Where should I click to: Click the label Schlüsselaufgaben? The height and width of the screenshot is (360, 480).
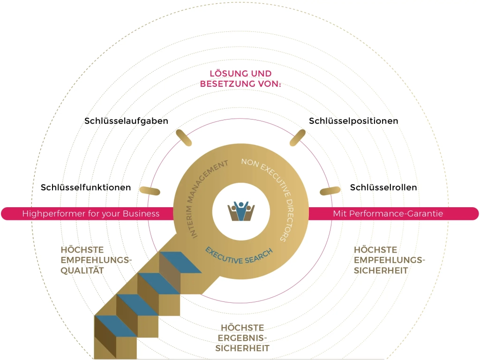tap(126, 121)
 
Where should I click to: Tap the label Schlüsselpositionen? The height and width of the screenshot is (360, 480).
tap(353, 121)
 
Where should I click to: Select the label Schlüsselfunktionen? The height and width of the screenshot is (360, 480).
tap(86, 187)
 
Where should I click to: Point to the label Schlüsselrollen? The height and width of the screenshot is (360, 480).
tap(383, 187)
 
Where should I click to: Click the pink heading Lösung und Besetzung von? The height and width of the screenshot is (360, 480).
tap(240, 79)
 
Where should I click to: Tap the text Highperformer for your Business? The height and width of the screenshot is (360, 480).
tap(91, 214)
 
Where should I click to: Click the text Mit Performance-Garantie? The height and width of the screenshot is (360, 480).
tap(388, 214)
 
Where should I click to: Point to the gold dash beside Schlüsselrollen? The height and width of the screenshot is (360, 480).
tap(330, 190)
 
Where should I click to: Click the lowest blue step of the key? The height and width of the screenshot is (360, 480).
tap(116, 326)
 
